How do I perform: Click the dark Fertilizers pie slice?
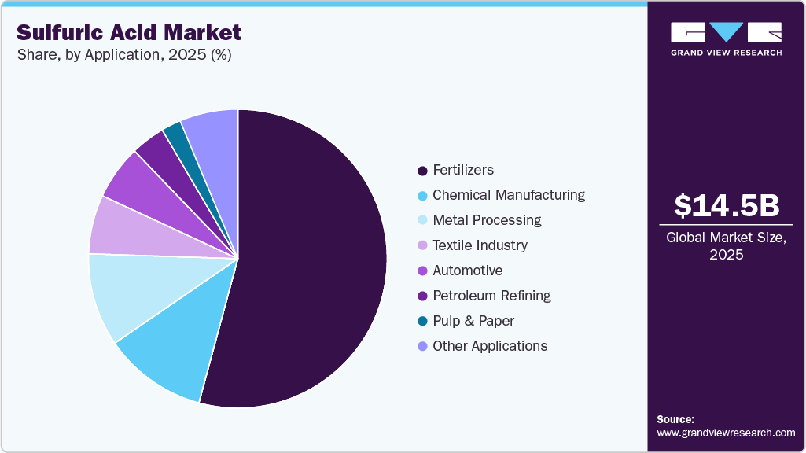(315, 260)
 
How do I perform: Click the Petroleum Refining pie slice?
(157, 149)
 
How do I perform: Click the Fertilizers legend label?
(463, 170)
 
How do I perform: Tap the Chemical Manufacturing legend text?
(509, 195)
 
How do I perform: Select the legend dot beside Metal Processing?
(422, 220)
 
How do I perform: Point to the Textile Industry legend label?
(480, 245)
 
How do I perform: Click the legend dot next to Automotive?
(422, 271)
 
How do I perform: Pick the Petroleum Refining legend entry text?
(491, 296)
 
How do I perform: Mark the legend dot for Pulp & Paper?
(422, 321)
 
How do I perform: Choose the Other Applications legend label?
(490, 346)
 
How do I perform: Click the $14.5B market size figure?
(727, 205)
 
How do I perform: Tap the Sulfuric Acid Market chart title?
(129, 32)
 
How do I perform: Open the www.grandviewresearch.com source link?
(726, 433)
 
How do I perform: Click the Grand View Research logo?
(726, 39)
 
